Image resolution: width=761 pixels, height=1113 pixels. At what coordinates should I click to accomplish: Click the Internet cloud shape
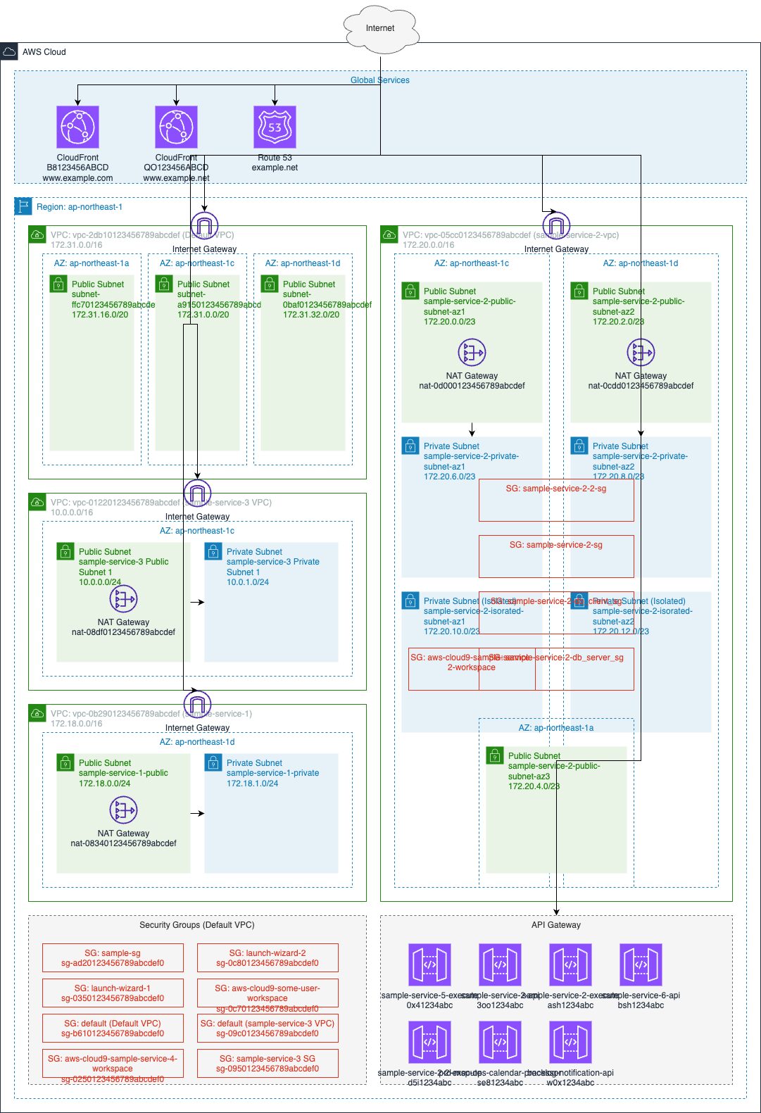click(x=380, y=28)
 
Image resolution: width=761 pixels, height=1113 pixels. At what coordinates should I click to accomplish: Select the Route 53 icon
click(x=275, y=127)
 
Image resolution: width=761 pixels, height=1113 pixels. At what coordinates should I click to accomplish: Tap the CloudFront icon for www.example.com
click(x=77, y=127)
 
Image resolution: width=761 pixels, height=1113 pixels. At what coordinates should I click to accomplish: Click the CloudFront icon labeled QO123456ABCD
click(x=176, y=127)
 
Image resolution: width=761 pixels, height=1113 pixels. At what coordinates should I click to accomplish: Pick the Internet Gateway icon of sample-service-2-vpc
click(x=556, y=226)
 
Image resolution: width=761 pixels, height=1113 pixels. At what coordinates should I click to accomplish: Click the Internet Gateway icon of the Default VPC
click(x=204, y=226)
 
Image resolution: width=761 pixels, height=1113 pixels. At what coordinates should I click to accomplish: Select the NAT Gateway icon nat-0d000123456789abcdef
click(x=472, y=352)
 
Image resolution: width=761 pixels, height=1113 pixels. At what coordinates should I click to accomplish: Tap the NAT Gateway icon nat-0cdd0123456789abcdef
click(x=641, y=352)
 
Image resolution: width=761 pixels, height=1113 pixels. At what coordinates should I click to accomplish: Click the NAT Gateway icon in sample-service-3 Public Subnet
click(x=124, y=599)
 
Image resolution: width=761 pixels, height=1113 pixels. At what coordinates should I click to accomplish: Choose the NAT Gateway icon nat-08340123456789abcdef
click(x=124, y=810)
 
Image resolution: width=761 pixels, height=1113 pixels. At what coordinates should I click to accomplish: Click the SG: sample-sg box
click(x=113, y=958)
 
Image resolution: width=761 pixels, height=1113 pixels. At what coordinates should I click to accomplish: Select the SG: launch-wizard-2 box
click(x=268, y=958)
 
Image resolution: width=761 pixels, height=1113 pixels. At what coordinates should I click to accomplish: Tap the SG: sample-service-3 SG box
click(x=268, y=1064)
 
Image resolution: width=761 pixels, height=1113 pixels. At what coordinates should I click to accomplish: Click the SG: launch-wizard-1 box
click(x=113, y=993)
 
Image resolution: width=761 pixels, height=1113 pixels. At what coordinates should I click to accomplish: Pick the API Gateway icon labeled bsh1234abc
click(x=641, y=965)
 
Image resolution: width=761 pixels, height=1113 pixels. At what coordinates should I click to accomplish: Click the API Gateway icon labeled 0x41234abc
click(x=429, y=965)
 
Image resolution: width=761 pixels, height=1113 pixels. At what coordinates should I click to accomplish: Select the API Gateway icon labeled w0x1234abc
click(x=570, y=1043)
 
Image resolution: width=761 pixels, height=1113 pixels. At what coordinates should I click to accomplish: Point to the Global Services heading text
click(x=380, y=80)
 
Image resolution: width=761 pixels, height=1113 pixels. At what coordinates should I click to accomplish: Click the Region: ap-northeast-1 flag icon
click(x=24, y=206)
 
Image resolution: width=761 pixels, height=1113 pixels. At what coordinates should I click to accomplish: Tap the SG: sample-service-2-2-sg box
click(x=556, y=501)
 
